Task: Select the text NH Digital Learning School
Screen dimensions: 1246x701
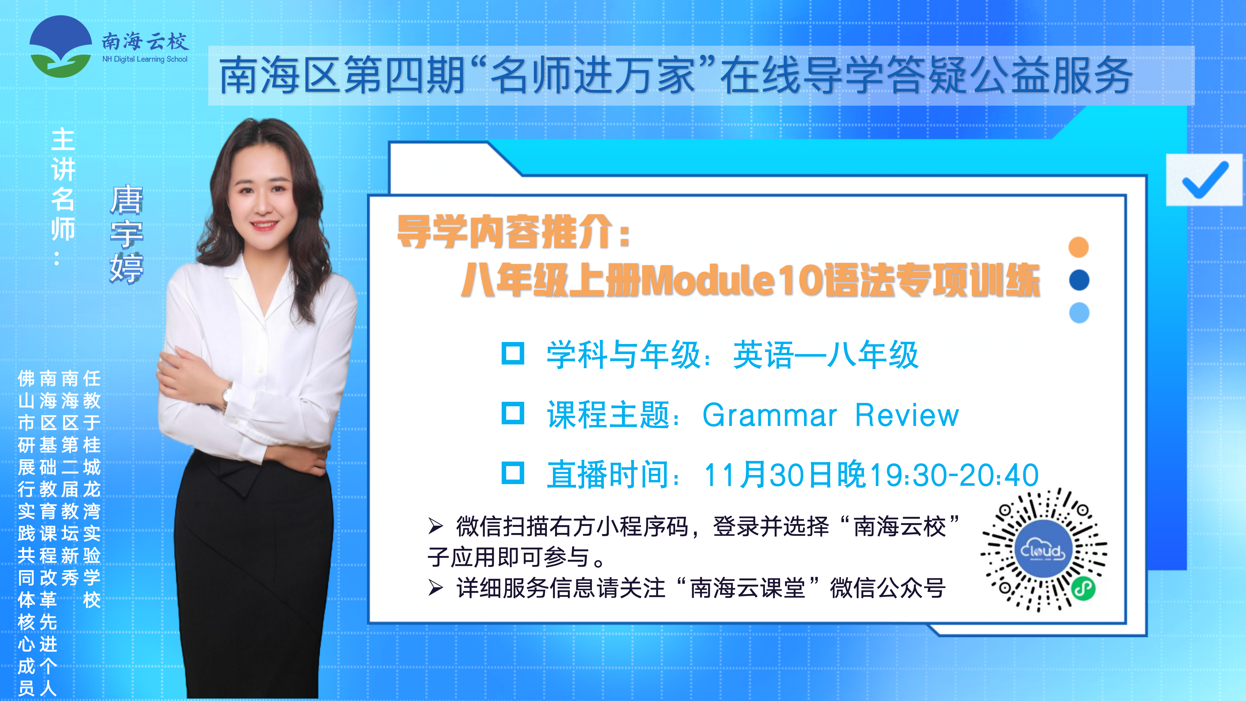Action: (x=145, y=59)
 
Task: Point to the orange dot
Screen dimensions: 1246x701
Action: (x=1079, y=247)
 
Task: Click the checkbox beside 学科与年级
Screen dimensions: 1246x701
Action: (x=513, y=354)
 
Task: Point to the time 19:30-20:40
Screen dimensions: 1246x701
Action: (x=954, y=475)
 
